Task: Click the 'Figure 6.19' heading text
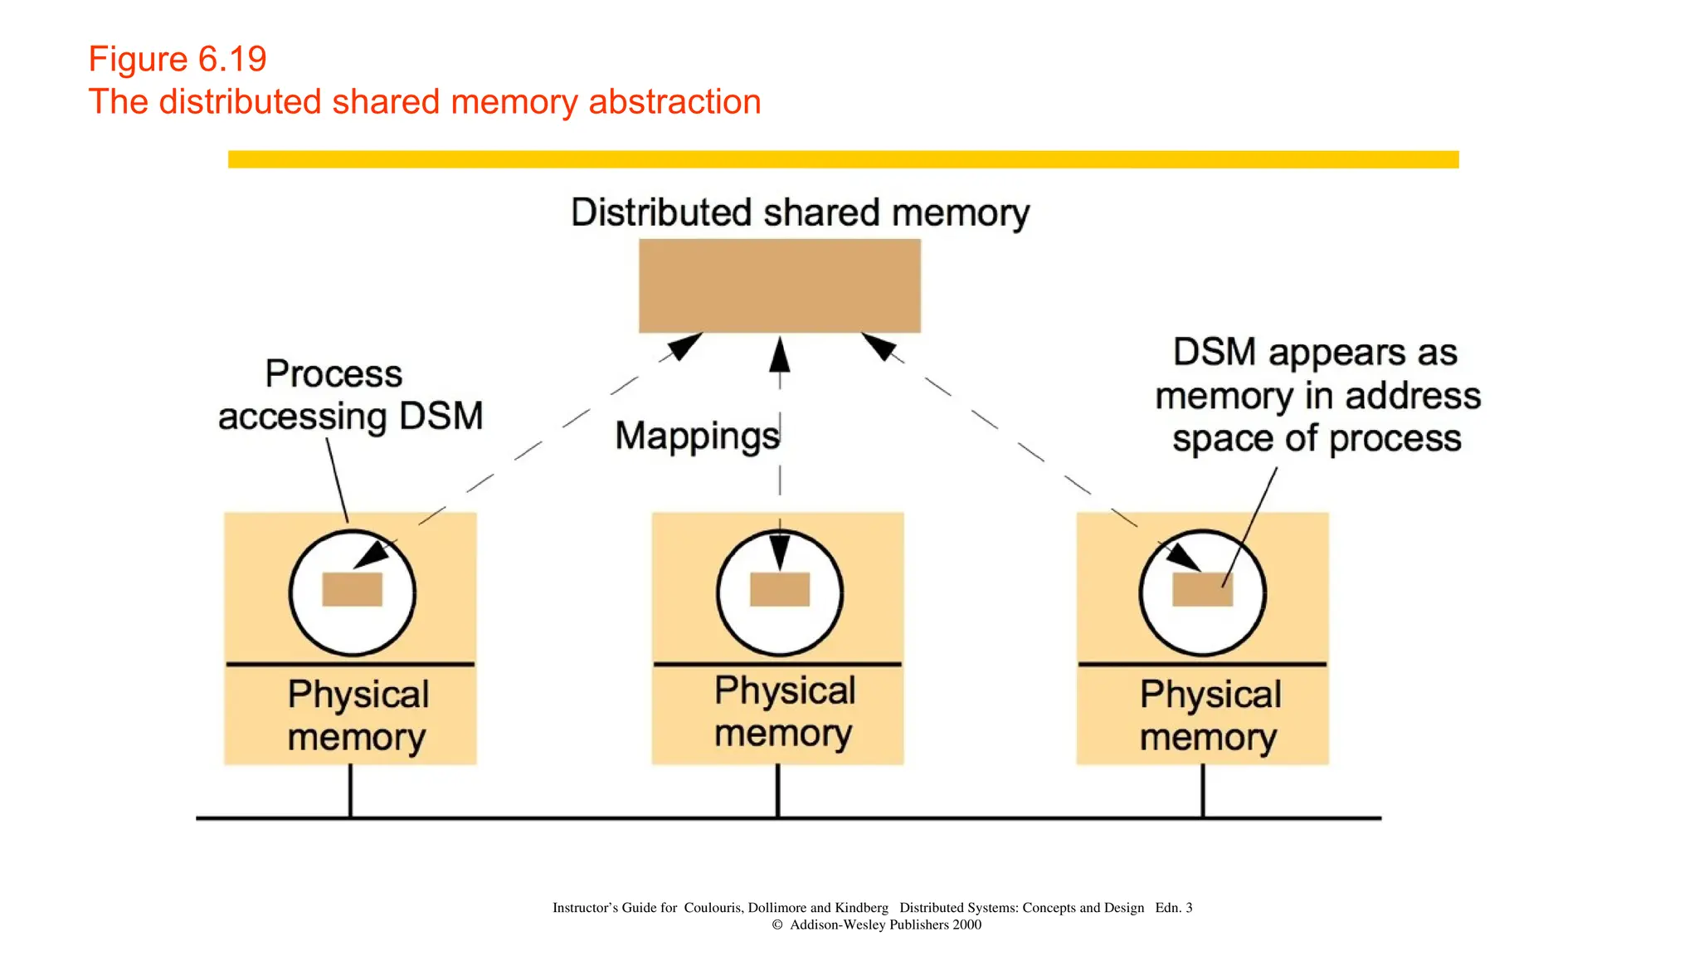pyautogui.click(x=178, y=59)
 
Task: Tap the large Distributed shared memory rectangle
pyautogui.click(x=779, y=285)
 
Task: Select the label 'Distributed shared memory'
pyautogui.click(x=800, y=212)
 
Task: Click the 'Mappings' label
pyautogui.click(x=697, y=436)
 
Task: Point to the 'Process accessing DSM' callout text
pyautogui.click(x=350, y=396)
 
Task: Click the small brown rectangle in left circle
pyautogui.click(x=352, y=589)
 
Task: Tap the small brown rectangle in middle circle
pyautogui.click(x=779, y=589)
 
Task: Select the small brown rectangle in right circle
pyautogui.click(x=1201, y=589)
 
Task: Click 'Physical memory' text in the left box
pyautogui.click(x=358, y=715)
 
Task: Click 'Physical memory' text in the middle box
pyautogui.click(x=784, y=712)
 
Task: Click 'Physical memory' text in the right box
pyautogui.click(x=1210, y=715)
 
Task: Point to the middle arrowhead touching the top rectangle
pyautogui.click(x=779, y=354)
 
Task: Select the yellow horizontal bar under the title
pyautogui.click(x=843, y=159)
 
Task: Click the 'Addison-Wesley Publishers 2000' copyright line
pyautogui.click(x=884, y=924)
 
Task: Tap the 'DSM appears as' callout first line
pyautogui.click(x=1315, y=353)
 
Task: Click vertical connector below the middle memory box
pyautogui.click(x=777, y=791)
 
